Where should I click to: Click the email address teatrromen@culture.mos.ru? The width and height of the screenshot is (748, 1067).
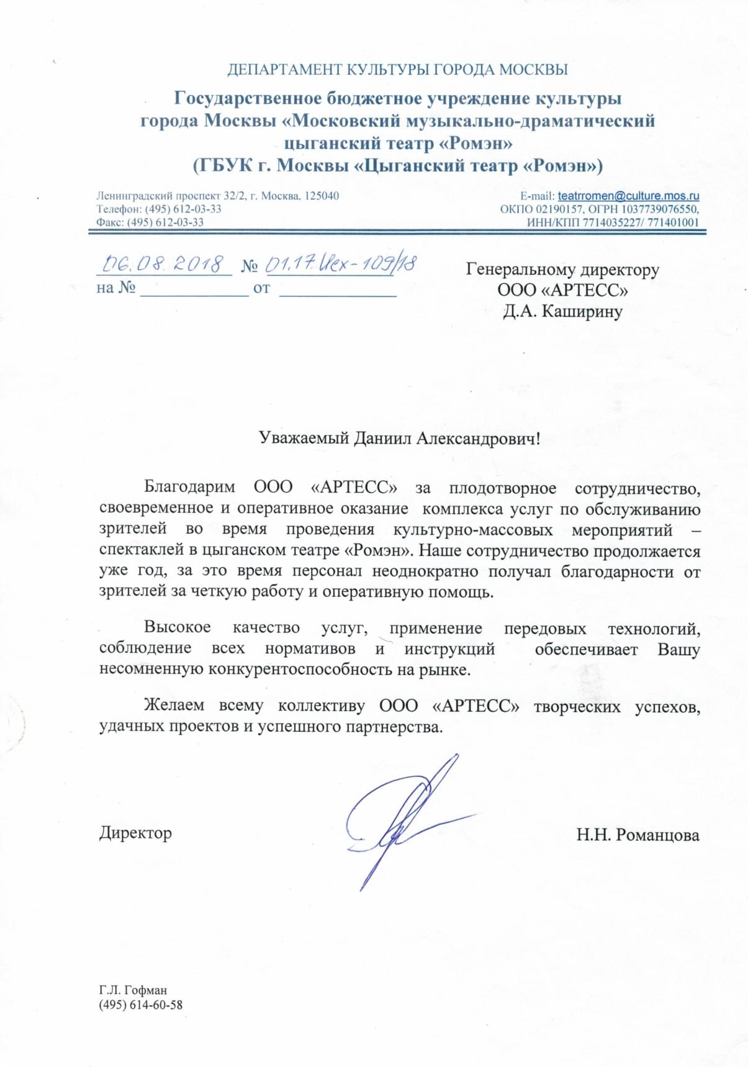tap(628, 196)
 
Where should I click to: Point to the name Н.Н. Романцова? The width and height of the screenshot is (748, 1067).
tap(638, 835)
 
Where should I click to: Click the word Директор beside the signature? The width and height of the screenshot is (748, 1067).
tap(135, 833)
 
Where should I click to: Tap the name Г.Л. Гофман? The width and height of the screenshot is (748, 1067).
tap(133, 990)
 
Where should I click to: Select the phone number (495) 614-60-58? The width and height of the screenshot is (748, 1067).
tap(140, 1005)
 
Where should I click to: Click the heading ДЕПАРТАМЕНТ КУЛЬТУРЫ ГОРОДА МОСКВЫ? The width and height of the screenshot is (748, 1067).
tap(397, 70)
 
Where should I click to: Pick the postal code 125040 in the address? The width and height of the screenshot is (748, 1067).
tap(323, 196)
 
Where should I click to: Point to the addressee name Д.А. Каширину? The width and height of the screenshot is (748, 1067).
tap(562, 311)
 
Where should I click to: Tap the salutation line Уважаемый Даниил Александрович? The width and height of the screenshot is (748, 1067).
tap(399, 439)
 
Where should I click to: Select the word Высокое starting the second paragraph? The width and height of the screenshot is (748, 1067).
tap(178, 628)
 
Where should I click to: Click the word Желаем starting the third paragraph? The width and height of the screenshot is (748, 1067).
tap(174, 706)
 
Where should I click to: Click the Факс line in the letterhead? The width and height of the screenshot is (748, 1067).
tap(150, 222)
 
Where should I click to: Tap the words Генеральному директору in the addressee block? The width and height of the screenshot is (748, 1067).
tap(562, 270)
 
